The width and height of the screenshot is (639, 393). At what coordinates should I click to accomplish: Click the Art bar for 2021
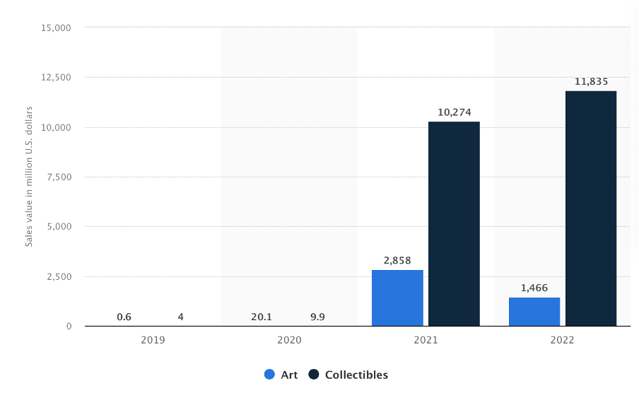(397, 298)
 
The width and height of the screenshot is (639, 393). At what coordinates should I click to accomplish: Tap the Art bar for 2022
(534, 312)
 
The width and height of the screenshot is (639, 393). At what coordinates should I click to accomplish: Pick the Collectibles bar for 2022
(591, 209)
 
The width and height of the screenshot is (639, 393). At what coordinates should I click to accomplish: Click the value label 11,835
(591, 82)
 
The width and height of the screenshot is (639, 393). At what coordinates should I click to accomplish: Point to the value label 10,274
(454, 112)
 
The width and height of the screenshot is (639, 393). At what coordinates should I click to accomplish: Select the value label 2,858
(397, 261)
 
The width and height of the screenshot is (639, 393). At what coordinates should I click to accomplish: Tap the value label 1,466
(534, 288)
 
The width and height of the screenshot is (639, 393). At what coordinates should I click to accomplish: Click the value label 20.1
(261, 317)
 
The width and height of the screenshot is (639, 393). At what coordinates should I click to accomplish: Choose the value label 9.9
(317, 317)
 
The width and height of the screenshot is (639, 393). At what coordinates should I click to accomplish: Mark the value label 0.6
(124, 317)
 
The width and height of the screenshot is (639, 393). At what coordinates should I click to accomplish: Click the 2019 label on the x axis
(153, 340)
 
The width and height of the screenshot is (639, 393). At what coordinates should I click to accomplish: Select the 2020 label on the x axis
(289, 340)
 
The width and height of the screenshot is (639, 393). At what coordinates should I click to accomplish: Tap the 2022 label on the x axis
(563, 340)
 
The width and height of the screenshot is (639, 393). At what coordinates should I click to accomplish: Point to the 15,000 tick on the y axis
(57, 28)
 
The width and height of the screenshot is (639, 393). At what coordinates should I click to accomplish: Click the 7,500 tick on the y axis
(59, 177)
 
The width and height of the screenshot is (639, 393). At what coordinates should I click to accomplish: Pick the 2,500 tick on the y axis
(59, 276)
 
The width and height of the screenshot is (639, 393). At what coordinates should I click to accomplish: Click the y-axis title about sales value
(29, 177)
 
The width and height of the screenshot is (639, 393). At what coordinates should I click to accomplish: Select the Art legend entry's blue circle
(269, 375)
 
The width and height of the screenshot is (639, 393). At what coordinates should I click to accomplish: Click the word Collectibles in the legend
(356, 375)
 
